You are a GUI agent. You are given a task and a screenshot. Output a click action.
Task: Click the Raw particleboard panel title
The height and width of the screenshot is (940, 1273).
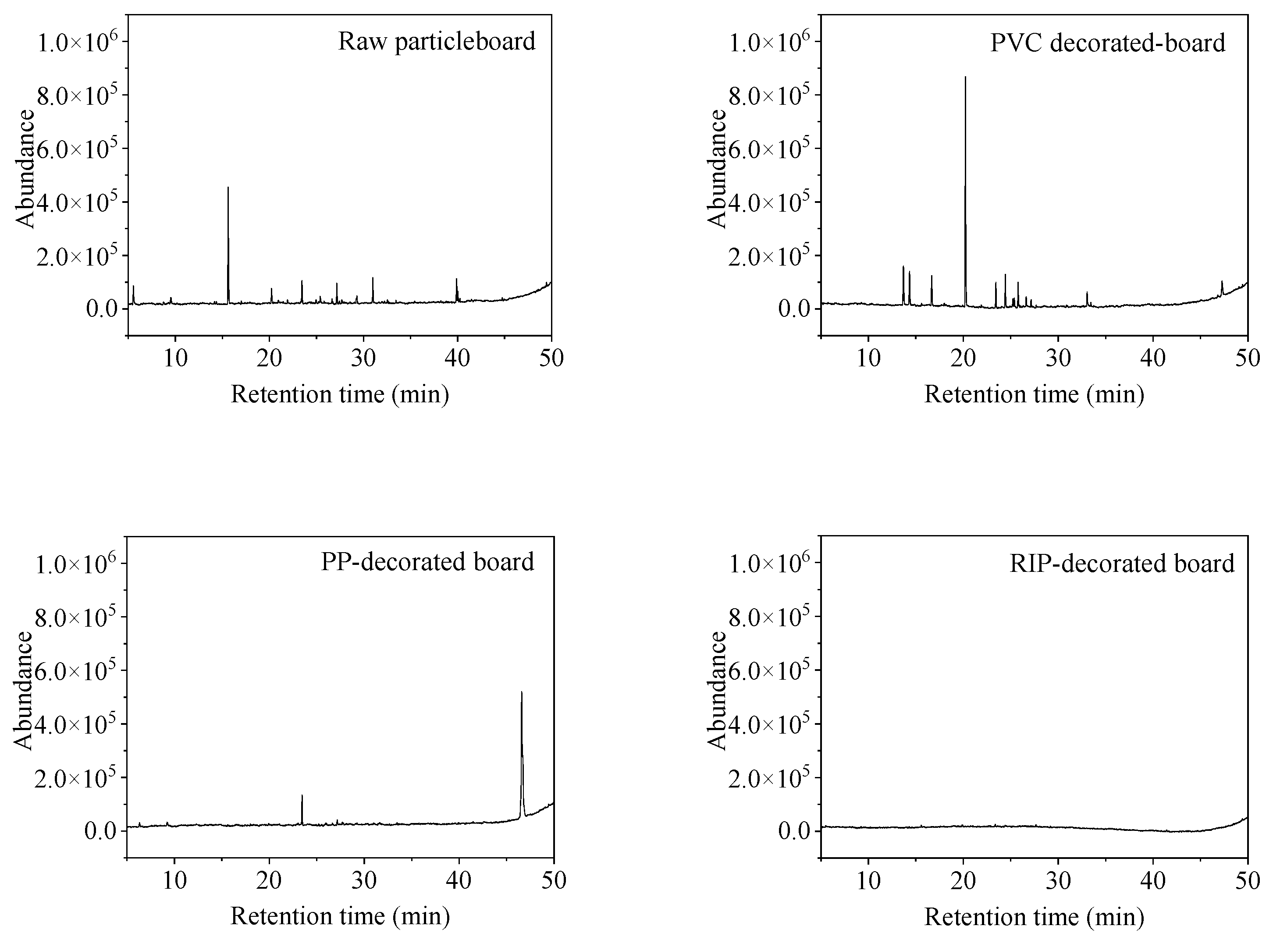tap(437, 42)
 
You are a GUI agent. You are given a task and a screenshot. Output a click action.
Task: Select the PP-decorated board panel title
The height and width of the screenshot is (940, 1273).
tap(427, 562)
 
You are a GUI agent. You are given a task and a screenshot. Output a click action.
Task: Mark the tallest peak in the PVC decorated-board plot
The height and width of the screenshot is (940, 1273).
tap(965, 78)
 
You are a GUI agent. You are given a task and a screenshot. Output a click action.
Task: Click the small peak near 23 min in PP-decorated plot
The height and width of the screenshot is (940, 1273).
tap(302, 796)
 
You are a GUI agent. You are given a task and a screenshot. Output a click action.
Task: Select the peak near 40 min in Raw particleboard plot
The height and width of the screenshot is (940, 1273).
tap(456, 280)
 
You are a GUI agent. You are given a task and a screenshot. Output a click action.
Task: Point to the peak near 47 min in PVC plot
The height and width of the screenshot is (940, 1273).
tap(1222, 282)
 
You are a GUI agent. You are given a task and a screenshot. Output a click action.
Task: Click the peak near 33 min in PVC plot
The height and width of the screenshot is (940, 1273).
tap(1087, 294)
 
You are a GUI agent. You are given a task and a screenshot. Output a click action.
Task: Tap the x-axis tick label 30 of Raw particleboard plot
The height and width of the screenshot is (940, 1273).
tap(363, 358)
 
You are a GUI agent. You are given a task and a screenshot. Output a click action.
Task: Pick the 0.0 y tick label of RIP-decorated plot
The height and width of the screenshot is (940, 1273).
tap(793, 831)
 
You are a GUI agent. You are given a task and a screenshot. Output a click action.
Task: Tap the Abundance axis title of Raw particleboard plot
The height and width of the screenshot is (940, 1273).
tap(25, 169)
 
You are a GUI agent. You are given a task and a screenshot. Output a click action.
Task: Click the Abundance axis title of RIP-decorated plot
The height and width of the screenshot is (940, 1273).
tap(718, 690)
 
